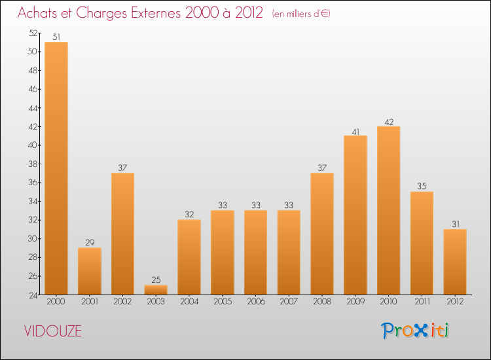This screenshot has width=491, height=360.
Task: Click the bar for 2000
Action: click(x=56, y=168)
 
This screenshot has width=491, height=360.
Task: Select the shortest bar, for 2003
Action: click(x=156, y=289)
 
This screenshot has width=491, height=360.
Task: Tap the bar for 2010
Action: click(x=389, y=210)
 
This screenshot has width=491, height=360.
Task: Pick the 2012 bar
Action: click(x=455, y=262)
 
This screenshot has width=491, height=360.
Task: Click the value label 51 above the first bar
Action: click(x=56, y=37)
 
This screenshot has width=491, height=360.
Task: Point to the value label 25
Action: click(x=156, y=280)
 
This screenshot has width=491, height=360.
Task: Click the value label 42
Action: click(x=389, y=121)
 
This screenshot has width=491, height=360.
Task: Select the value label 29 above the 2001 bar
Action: click(x=90, y=243)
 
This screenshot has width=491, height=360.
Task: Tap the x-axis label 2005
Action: click(x=223, y=302)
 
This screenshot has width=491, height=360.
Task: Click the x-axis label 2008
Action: click(x=322, y=302)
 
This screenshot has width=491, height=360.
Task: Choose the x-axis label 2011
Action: click(x=422, y=302)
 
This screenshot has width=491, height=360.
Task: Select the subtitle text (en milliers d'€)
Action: click(x=301, y=14)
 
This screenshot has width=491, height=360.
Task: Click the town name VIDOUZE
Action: click(x=53, y=331)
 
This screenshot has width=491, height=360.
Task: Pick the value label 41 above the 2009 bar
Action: click(x=355, y=131)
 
